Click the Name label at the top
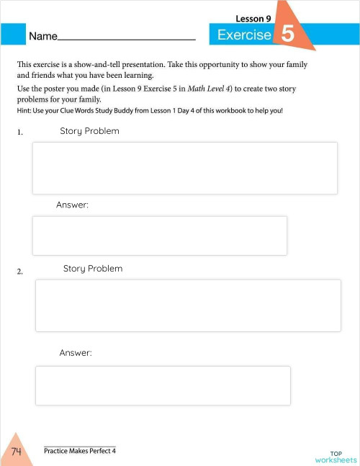(42, 35)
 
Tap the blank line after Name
(126, 37)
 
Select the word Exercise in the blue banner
(244, 35)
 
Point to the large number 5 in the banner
(287, 35)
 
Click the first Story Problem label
(89, 131)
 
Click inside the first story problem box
(185, 168)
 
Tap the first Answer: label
(72, 205)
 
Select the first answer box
(160, 236)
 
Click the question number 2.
(20, 272)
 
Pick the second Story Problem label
(93, 269)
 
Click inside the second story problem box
(188, 305)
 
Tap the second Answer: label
(76, 353)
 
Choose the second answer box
(163, 385)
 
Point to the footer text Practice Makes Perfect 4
(79, 451)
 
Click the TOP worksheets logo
(336, 456)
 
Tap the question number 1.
(20, 133)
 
